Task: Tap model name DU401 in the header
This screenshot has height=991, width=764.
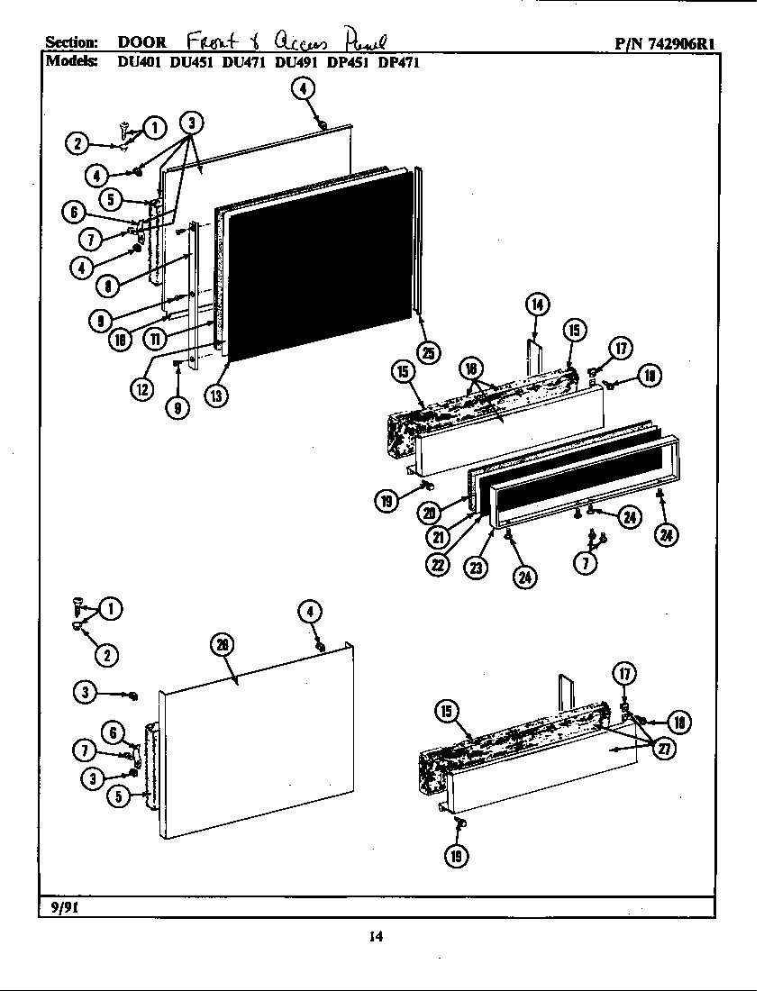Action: coord(137,63)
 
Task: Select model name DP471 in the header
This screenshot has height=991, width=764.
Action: coord(399,63)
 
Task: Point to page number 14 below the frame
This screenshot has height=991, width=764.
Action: coord(376,937)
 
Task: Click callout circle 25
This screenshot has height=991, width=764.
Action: coord(429,352)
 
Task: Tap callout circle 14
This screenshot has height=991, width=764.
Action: coord(537,305)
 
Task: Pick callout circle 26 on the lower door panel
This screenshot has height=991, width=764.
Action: coord(222,644)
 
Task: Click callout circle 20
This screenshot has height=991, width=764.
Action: coord(429,513)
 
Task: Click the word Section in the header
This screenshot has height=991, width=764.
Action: coord(71,43)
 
